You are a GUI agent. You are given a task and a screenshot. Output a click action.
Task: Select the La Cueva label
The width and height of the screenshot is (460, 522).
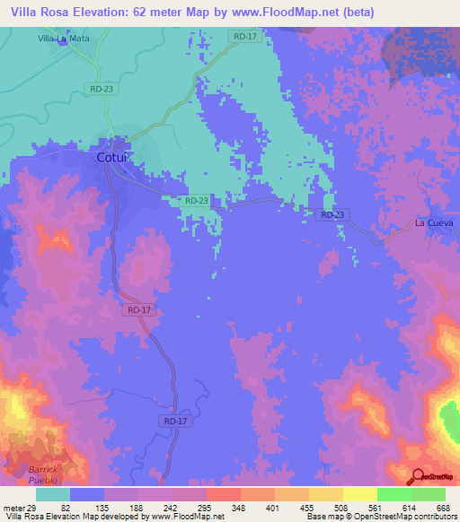[x=434, y=222]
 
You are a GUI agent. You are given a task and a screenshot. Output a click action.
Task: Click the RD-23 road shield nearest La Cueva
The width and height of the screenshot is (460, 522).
[x=332, y=215]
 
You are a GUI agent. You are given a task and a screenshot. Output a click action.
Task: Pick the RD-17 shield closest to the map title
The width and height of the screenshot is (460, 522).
[x=243, y=36]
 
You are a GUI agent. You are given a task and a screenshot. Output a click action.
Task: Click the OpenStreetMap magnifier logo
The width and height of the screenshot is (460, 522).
[x=418, y=477]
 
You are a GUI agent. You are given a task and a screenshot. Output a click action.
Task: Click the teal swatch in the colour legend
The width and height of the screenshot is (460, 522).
[x=53, y=494]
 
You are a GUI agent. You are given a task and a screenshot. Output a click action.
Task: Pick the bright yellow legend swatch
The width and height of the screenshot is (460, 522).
[x=359, y=494]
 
